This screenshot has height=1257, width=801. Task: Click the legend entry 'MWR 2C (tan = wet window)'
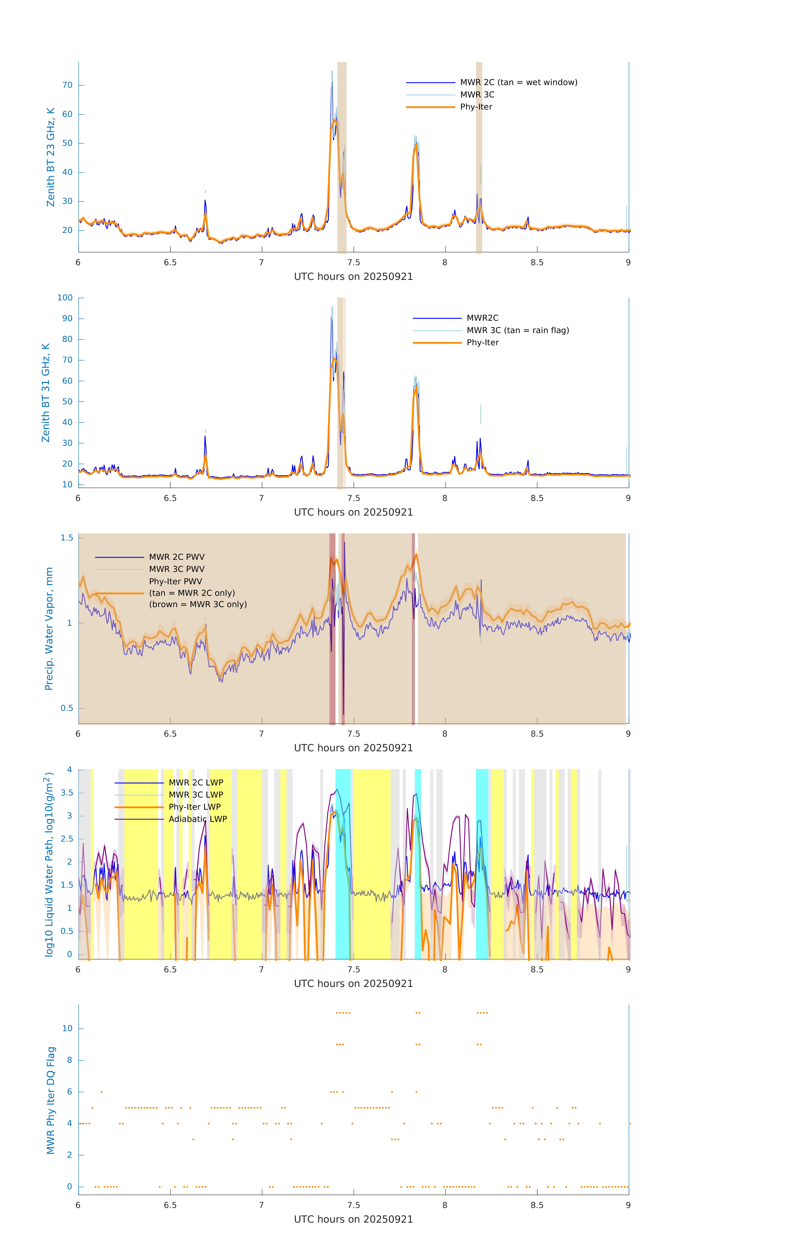coord(518,83)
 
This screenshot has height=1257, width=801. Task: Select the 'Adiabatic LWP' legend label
coord(198,819)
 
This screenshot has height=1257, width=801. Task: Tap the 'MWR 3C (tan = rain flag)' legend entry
coord(518,330)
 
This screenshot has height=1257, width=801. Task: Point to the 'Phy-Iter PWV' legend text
coord(175,582)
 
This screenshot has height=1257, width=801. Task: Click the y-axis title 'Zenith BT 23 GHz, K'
coord(51,157)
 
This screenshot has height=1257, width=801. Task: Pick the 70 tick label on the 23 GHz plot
coord(67,85)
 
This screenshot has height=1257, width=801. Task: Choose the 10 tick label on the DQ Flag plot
coord(67,1028)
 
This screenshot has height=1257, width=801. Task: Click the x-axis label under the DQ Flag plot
coord(353,1219)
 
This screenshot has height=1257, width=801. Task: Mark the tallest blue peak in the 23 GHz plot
coord(332,83)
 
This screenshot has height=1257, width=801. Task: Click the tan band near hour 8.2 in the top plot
coord(479,157)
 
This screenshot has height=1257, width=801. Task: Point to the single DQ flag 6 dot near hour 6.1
coord(101,1091)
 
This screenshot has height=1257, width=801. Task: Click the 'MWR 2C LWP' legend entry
coord(196,782)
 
